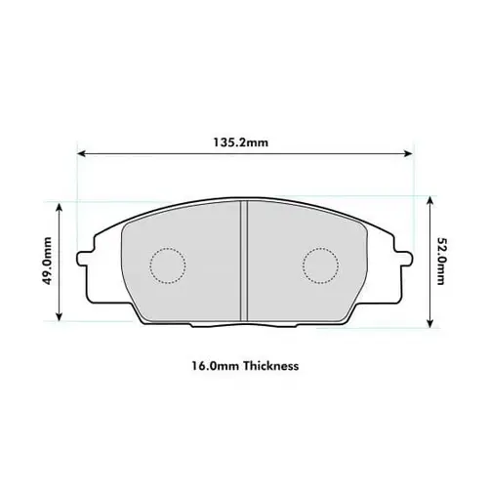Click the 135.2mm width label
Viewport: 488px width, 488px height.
241,142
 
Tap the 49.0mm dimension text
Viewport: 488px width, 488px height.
46,263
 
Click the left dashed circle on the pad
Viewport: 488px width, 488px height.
167,263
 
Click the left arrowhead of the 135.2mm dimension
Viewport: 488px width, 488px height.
80,153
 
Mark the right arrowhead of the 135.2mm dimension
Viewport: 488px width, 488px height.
408,153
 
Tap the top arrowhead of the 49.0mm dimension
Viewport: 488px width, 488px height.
61,205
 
